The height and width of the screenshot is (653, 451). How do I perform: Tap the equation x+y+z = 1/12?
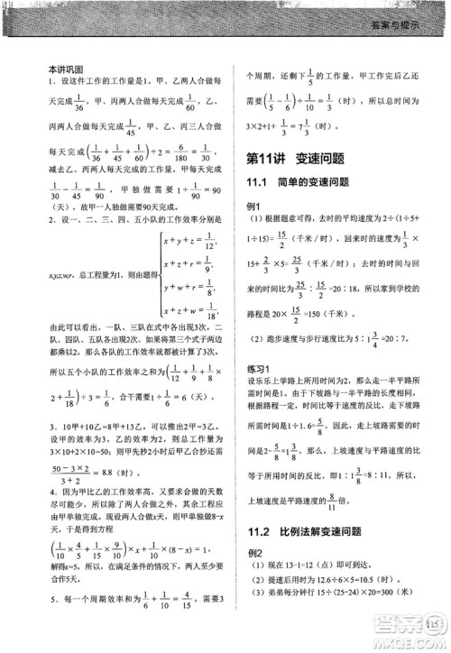tap(189, 241)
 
